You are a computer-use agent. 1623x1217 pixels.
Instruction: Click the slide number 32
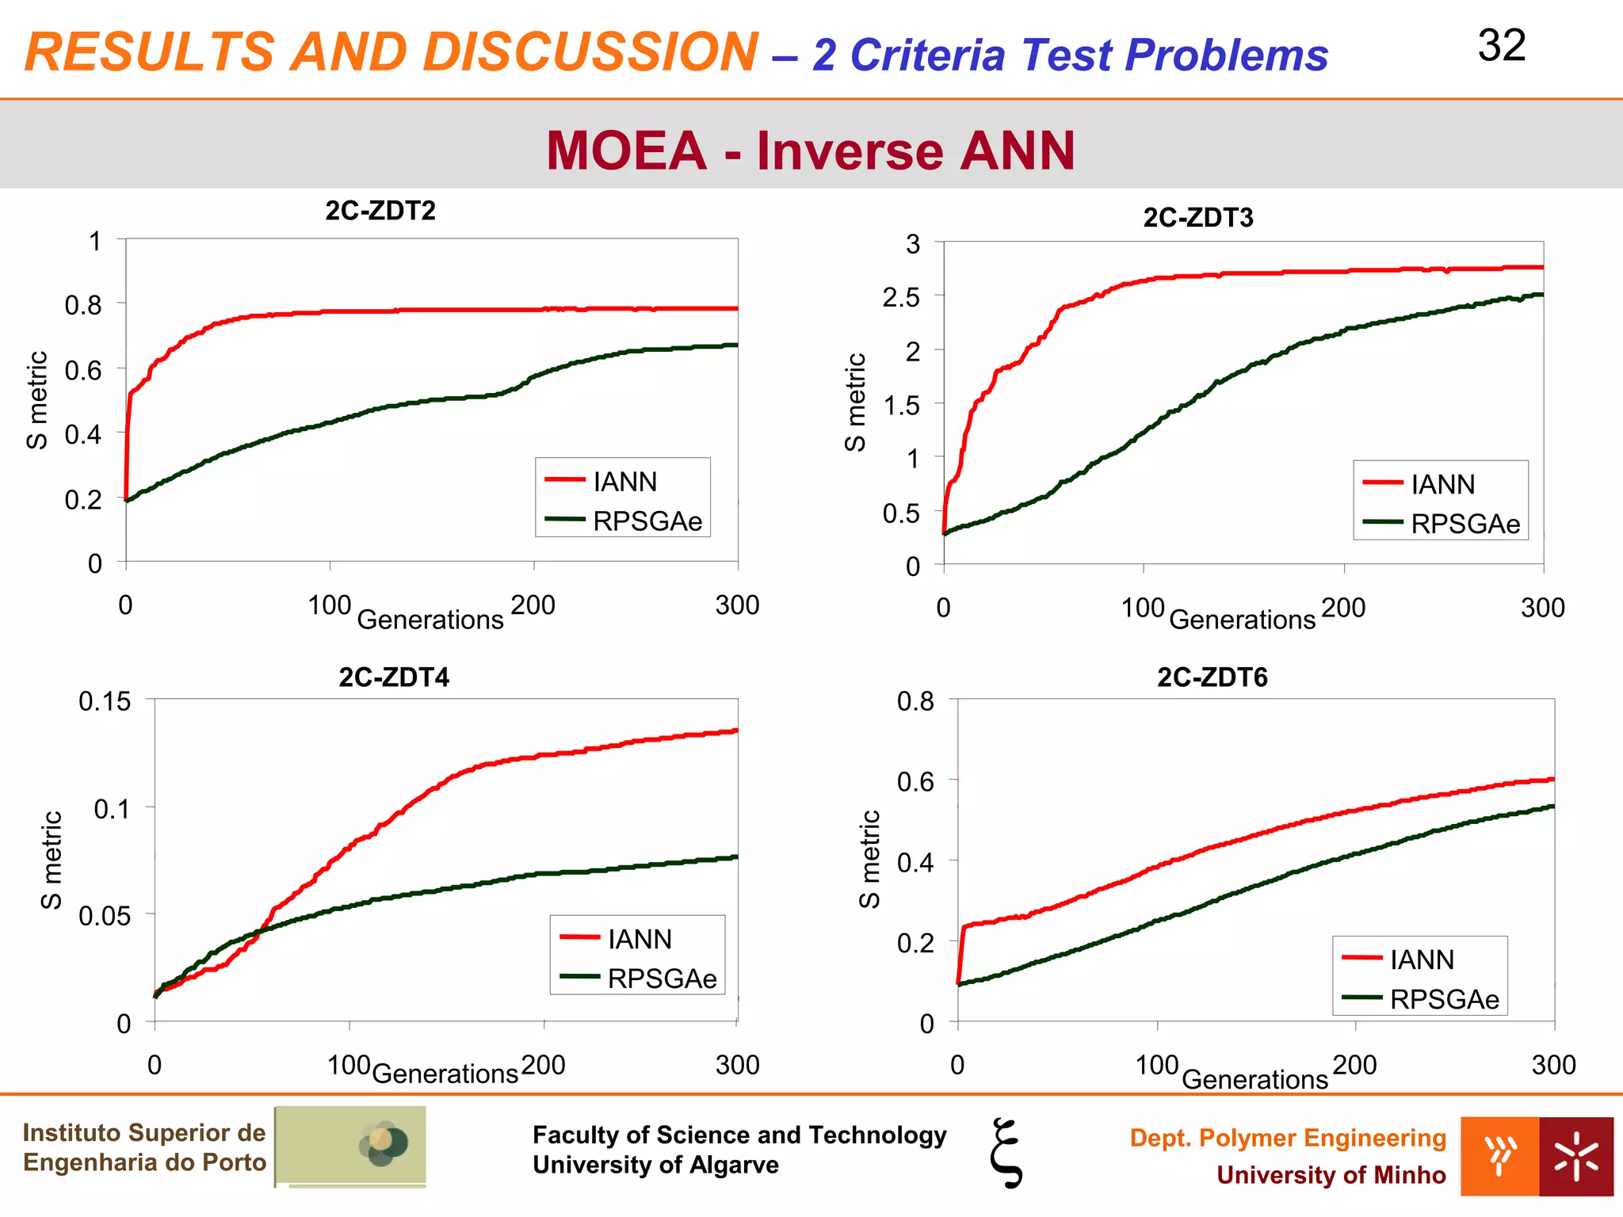click(1501, 46)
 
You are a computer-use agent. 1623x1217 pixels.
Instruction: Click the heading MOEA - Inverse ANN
click(810, 151)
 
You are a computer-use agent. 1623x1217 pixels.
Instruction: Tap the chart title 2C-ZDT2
click(380, 211)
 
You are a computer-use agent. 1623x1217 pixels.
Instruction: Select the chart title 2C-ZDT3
click(1197, 217)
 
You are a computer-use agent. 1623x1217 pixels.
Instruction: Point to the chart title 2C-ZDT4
click(394, 677)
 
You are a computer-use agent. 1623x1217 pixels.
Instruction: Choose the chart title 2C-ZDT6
click(1212, 677)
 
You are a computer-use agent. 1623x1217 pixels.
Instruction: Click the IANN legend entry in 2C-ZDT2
click(624, 481)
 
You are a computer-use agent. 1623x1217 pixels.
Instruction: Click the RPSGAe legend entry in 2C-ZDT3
click(1465, 524)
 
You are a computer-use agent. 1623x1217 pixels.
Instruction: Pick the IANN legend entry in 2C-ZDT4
click(640, 939)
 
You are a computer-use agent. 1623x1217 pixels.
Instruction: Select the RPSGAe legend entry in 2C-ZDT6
click(1444, 999)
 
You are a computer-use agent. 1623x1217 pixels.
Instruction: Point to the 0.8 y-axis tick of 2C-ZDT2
click(83, 305)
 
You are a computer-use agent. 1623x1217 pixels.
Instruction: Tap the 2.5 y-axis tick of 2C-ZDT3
click(901, 298)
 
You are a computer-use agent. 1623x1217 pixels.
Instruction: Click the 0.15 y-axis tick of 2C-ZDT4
click(105, 701)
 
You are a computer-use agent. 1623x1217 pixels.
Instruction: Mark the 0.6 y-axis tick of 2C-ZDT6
click(915, 782)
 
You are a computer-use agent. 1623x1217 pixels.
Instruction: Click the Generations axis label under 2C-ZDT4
click(445, 1074)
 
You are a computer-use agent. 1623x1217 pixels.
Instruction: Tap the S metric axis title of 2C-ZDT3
click(855, 402)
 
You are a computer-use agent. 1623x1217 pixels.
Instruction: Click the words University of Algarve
click(655, 1165)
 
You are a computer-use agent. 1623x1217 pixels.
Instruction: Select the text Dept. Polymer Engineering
click(1288, 1138)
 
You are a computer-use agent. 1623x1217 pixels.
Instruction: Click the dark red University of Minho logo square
click(1576, 1157)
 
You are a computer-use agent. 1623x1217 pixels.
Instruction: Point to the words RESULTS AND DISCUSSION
click(392, 52)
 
